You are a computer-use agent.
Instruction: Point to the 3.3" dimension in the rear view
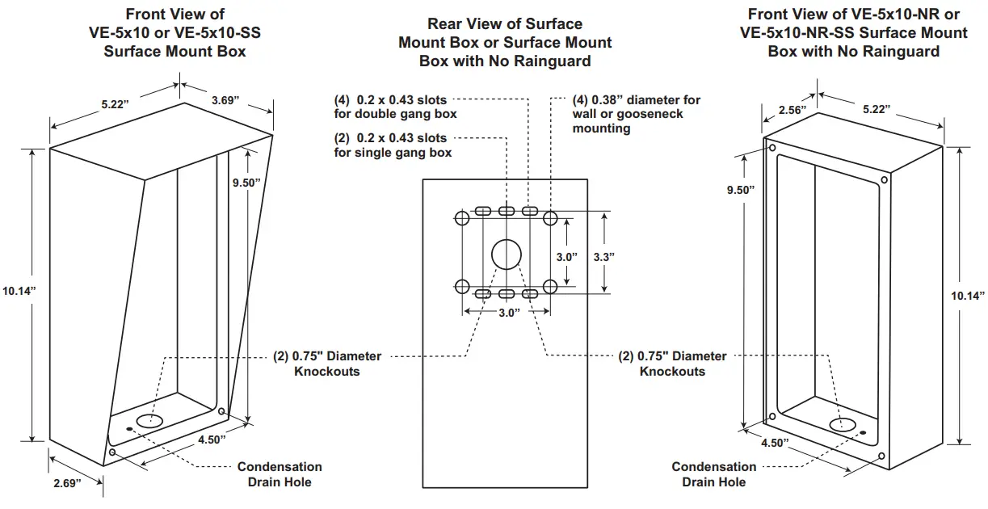click(x=604, y=256)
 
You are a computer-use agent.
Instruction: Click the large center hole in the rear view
click(x=507, y=254)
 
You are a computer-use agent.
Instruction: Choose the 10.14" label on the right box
click(x=969, y=296)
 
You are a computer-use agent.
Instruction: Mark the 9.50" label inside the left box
click(x=246, y=183)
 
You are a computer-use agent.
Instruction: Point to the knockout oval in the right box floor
click(x=843, y=423)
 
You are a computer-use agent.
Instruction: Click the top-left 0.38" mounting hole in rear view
click(x=463, y=219)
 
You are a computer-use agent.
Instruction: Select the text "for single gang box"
click(x=393, y=153)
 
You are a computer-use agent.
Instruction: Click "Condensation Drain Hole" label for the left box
click(x=279, y=474)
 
